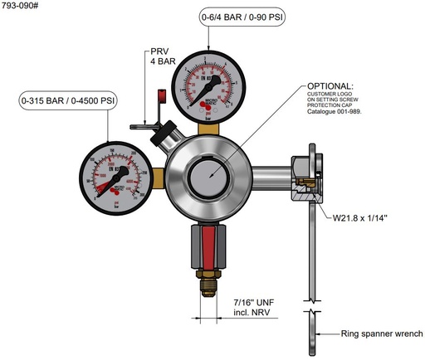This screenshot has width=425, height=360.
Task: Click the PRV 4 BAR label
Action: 158,56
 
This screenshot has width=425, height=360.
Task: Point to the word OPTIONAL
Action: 330,86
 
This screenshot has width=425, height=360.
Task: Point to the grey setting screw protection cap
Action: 206,177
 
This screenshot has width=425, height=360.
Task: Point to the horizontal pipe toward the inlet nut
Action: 268,176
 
